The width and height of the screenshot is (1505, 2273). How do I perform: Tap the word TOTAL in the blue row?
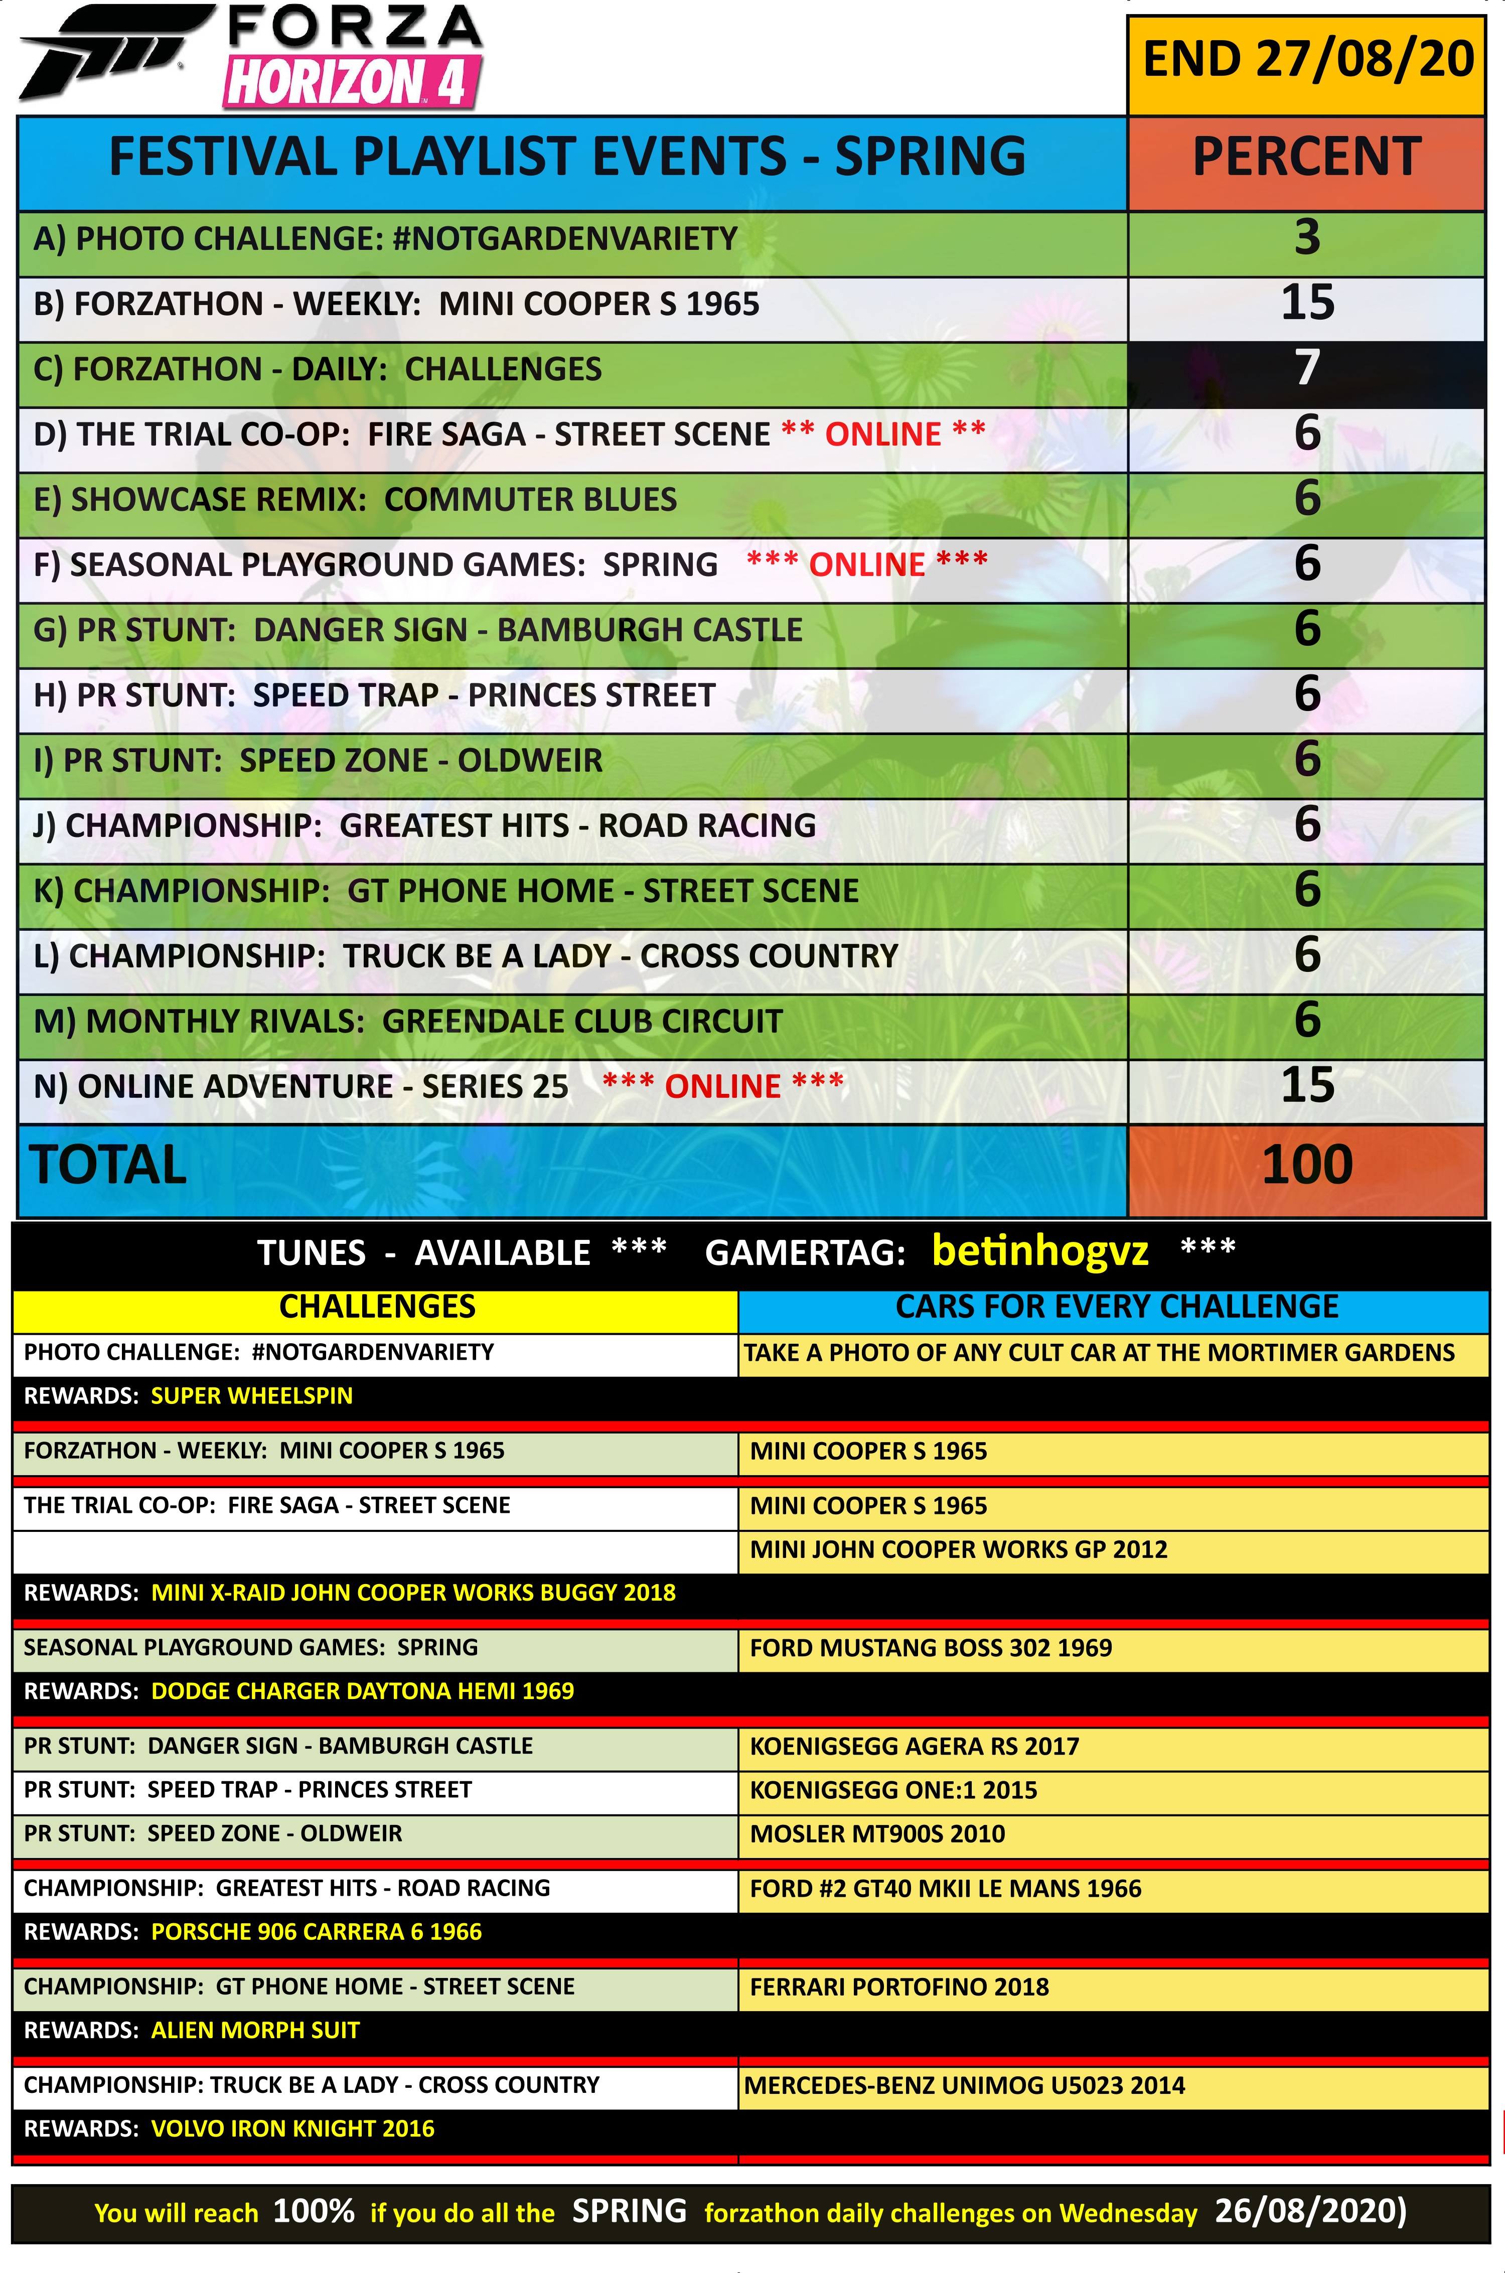point(108,1165)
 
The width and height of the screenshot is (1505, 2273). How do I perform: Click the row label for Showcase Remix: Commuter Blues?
point(355,499)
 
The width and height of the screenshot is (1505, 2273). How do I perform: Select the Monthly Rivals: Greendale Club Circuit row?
point(408,1021)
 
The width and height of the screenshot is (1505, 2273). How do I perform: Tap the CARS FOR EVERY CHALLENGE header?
point(1116,1307)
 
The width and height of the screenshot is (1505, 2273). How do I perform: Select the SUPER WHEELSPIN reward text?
point(251,1396)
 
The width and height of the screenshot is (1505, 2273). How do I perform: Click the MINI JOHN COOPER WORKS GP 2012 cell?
point(958,1549)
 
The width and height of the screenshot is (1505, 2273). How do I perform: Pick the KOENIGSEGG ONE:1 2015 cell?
point(892,1790)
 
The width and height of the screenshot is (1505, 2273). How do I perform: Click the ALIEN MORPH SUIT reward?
point(255,2030)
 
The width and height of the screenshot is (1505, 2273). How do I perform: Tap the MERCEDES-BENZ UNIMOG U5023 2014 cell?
point(964,2085)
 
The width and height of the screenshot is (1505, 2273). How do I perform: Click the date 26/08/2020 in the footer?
point(1309,2211)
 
